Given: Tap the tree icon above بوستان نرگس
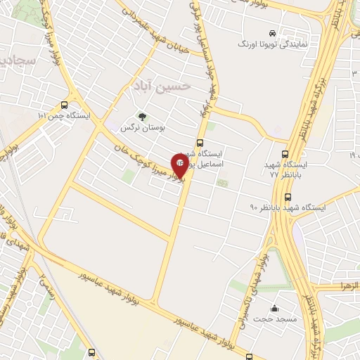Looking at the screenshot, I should coord(143,117).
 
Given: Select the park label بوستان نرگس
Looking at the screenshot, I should coord(136,128).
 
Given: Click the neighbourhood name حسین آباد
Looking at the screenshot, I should coord(161,86).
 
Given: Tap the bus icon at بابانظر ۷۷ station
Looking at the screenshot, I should coord(285,155).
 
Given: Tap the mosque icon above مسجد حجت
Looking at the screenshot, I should coord(274,308).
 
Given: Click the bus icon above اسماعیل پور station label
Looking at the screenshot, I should coord(200,142).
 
